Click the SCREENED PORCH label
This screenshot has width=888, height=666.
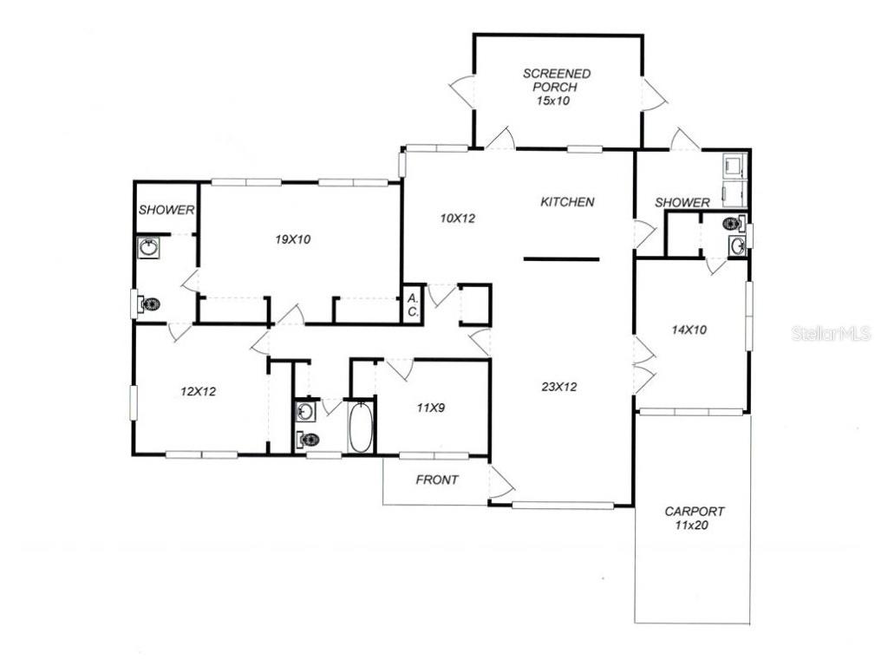click(x=556, y=87)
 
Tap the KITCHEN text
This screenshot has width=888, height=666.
click(x=567, y=202)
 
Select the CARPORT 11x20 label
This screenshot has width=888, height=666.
click(x=694, y=518)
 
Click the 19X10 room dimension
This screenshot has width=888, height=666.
click(x=292, y=239)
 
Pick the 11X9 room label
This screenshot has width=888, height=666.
click(x=430, y=407)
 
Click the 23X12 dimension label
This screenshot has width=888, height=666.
click(x=559, y=387)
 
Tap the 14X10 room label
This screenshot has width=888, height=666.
click(x=689, y=330)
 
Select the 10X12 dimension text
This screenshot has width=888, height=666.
click(x=457, y=219)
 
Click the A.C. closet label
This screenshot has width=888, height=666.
click(x=412, y=304)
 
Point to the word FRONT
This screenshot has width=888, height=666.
click(x=437, y=480)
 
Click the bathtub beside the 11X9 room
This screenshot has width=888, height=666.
click(x=361, y=427)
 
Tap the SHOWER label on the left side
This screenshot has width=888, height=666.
click(x=166, y=210)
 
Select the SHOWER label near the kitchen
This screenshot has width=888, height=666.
click(x=682, y=202)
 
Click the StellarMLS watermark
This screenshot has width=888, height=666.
click(x=830, y=334)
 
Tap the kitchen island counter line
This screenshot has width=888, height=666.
click(x=561, y=258)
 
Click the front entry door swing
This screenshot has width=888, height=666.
click(x=499, y=482)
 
